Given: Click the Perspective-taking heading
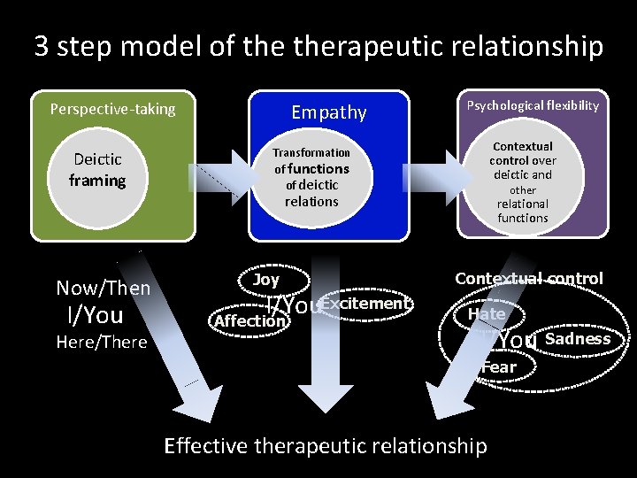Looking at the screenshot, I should (x=112, y=110).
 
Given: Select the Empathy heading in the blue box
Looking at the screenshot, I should (x=329, y=112).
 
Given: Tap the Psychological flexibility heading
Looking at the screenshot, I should (x=533, y=105).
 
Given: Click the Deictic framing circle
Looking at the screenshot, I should (x=98, y=171).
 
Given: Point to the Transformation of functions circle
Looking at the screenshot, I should (x=311, y=177).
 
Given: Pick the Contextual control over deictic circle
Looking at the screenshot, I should (x=523, y=181).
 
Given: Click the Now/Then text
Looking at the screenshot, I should (x=103, y=288).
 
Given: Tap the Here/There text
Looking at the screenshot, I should (x=103, y=343).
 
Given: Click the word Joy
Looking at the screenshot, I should (x=265, y=280).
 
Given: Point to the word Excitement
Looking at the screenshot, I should (x=365, y=304).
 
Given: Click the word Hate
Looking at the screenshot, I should (x=487, y=313).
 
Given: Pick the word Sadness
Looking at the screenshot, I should (x=578, y=339).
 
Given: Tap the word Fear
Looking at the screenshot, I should (x=499, y=366).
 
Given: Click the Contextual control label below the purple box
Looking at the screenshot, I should (x=528, y=279).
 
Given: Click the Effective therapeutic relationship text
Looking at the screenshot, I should (x=326, y=445).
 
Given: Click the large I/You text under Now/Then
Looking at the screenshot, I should (x=95, y=315).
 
